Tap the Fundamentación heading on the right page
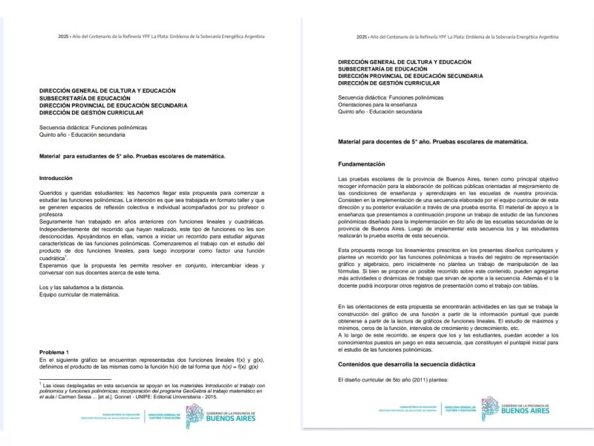point(362,164)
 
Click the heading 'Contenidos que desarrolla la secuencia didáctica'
point(406,364)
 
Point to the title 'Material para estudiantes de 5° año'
point(131,156)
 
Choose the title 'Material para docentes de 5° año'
point(432,141)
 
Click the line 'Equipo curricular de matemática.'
point(79,295)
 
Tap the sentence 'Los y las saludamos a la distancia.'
point(82,288)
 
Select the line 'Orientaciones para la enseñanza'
point(377,105)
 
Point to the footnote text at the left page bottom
point(148,392)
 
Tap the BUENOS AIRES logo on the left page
point(229,417)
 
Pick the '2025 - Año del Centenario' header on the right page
point(457,36)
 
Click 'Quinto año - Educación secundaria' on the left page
point(82,135)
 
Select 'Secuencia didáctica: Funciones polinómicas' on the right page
point(391,97)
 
